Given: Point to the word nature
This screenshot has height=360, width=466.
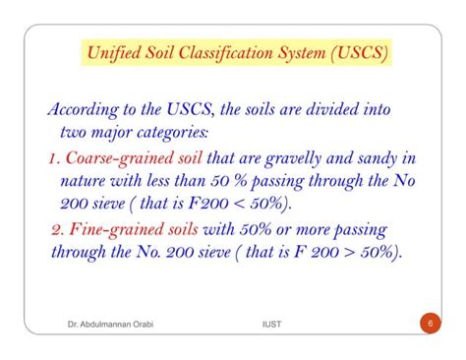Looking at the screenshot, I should (x=85, y=181).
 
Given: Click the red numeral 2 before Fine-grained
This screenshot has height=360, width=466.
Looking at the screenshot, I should (x=56, y=230).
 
